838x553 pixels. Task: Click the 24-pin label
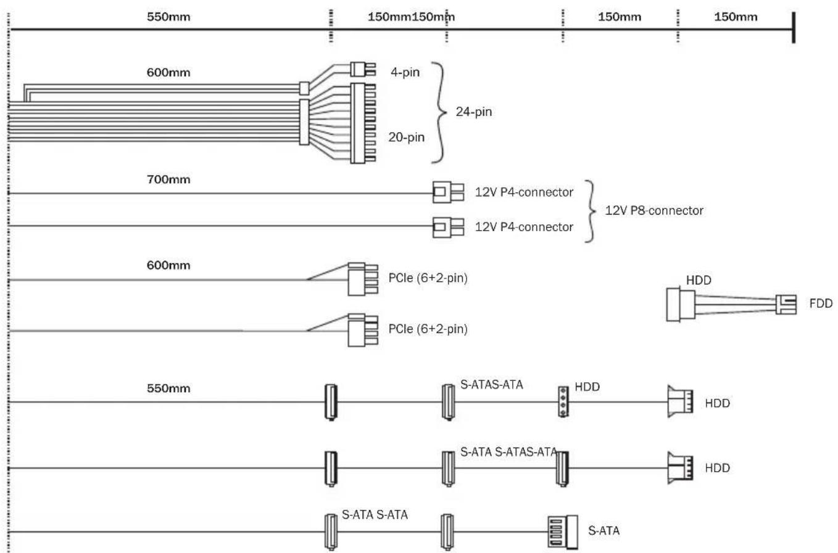tap(474, 112)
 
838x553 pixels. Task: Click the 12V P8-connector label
tap(654, 211)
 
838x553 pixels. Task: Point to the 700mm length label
tap(168, 180)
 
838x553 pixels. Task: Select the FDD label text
tap(821, 303)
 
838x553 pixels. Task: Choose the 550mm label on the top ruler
tap(168, 17)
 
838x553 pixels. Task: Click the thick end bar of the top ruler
tap(794, 28)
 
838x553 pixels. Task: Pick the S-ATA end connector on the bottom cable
tap(562, 531)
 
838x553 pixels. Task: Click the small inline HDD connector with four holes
tap(562, 401)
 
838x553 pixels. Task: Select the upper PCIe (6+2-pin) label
tap(428, 278)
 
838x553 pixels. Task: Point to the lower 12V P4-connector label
tap(524, 227)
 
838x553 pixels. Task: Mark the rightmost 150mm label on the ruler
tap(736, 17)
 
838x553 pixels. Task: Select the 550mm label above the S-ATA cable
tap(168, 389)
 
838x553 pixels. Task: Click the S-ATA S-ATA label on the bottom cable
tap(375, 515)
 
